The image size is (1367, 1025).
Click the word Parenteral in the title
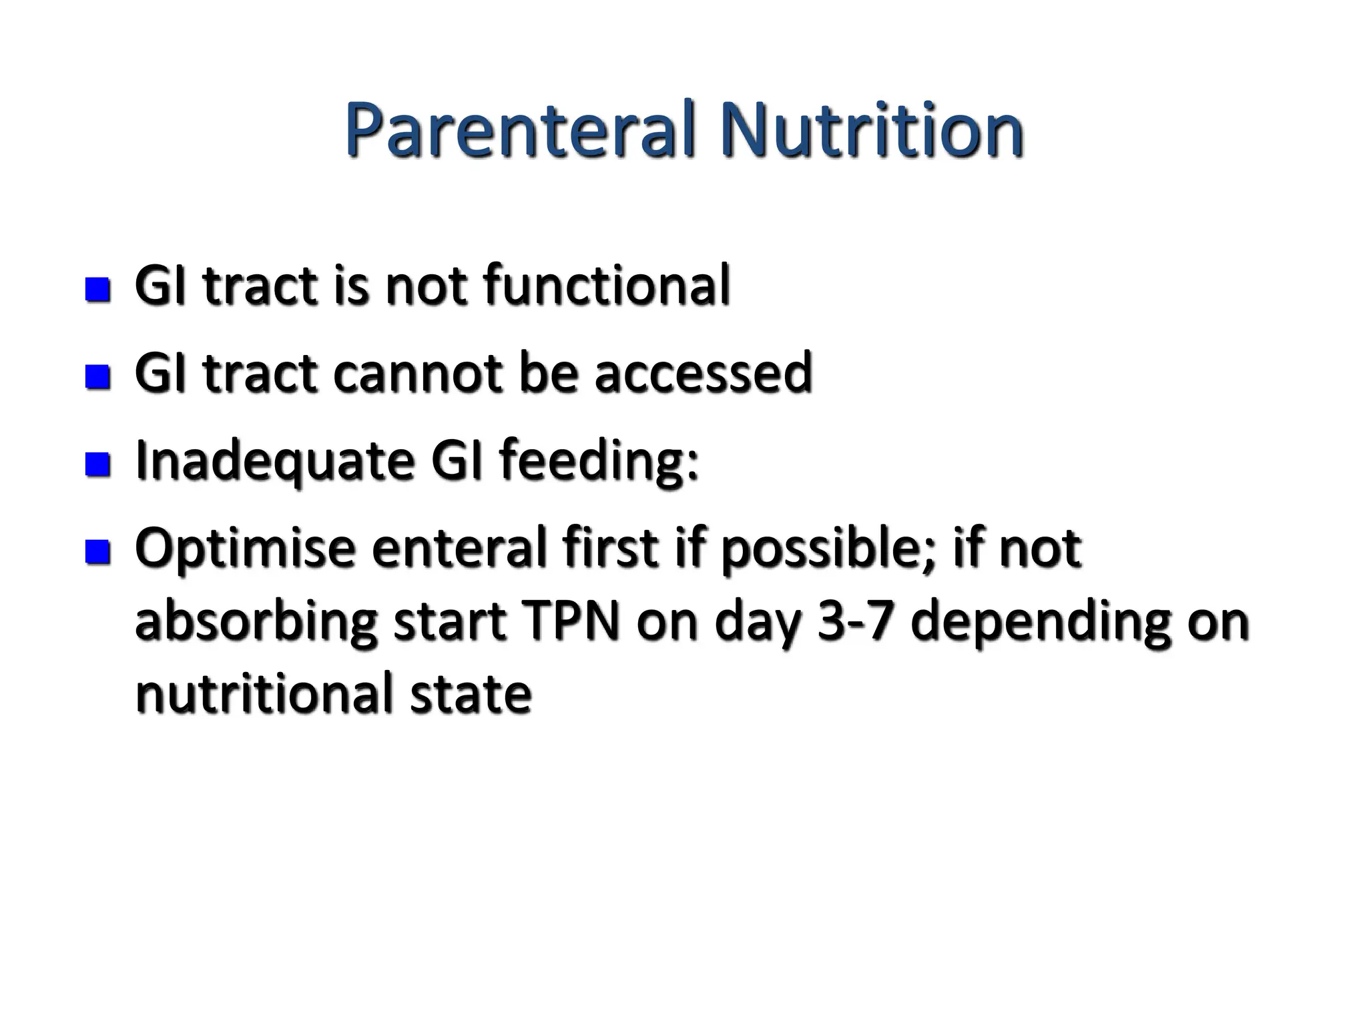pos(521,130)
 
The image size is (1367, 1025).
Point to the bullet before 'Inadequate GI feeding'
pos(98,464)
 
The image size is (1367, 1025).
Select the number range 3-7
pos(855,622)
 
